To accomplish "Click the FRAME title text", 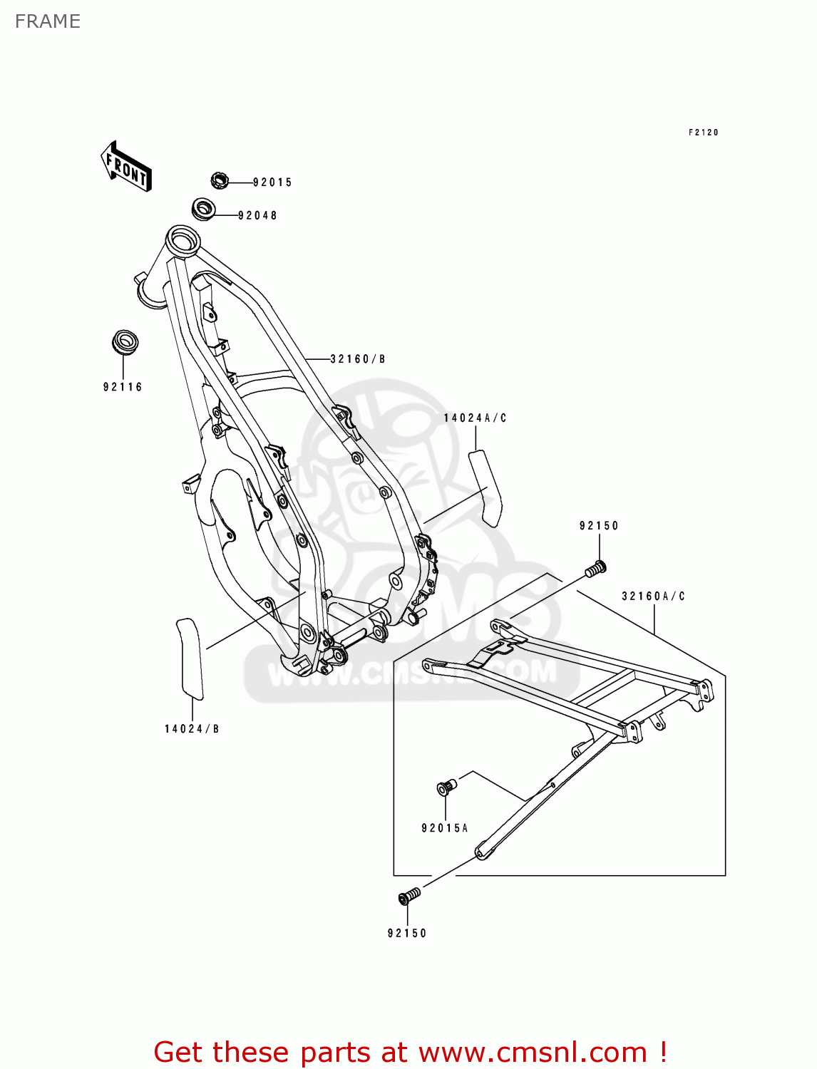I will tap(48, 21).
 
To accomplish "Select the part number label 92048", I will tap(257, 215).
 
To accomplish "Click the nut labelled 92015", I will tap(220, 181).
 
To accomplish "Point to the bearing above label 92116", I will tap(125, 342).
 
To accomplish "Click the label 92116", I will tap(123, 387).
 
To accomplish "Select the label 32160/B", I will tap(357, 359).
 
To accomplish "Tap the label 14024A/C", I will tap(475, 418).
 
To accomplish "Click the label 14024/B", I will tap(192, 729).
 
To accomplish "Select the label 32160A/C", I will tap(653, 597).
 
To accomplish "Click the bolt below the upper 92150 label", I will tap(595, 569).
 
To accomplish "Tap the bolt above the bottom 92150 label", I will tap(409, 897).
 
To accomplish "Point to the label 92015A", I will tap(445, 828).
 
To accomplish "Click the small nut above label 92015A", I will tap(446, 787).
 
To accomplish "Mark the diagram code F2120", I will tap(703, 133).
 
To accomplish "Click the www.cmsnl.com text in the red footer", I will tap(533, 1053).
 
